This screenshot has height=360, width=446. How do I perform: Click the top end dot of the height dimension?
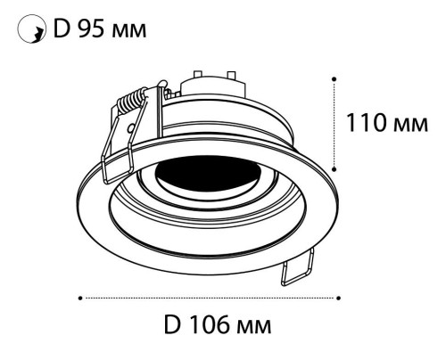(335, 78)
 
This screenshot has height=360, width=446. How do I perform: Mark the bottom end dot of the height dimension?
(335, 167)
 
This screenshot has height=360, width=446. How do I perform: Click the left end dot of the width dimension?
(80, 297)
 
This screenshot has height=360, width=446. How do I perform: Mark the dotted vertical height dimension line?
(335, 122)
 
